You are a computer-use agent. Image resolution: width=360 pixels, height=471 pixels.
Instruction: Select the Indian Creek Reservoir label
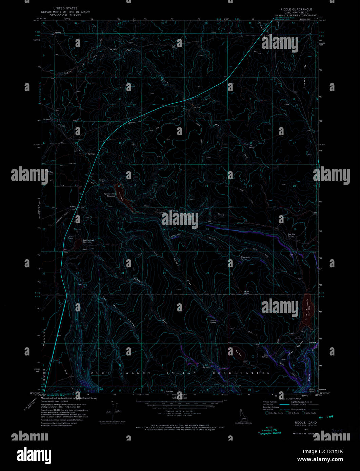(89, 241)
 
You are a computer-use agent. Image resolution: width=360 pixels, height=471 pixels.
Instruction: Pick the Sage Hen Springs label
(291, 235)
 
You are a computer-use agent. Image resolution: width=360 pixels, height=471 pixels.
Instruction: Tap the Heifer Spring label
(246, 292)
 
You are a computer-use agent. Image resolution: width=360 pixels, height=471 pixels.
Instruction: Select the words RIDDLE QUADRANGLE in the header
(292, 9)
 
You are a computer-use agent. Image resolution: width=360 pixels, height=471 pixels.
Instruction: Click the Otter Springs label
(265, 356)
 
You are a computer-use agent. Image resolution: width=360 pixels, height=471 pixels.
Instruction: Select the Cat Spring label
(251, 146)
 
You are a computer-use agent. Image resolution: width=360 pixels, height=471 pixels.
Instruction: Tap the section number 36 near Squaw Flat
(207, 273)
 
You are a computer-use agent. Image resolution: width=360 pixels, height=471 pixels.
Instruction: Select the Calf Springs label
(175, 47)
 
